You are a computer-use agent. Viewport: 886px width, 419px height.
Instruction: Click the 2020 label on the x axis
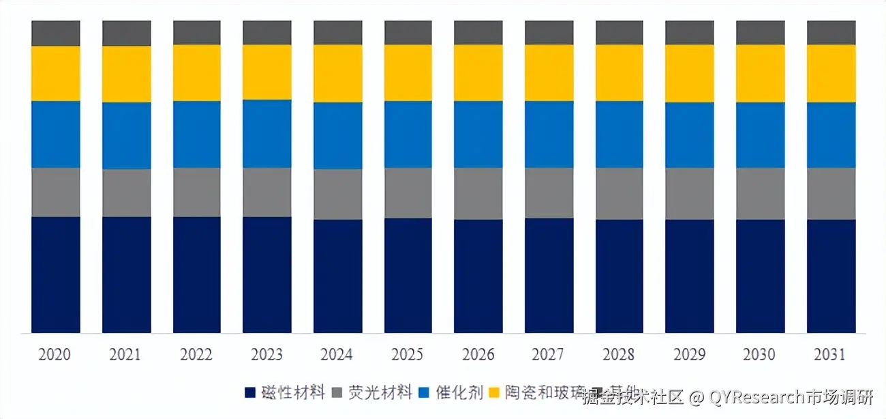(55, 355)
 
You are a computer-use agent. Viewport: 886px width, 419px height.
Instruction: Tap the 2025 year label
(408, 355)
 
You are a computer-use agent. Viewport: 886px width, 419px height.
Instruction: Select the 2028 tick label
(618, 355)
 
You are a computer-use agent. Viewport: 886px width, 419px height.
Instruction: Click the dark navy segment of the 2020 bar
(56, 274)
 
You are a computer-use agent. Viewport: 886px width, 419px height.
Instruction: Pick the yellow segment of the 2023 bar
(266, 72)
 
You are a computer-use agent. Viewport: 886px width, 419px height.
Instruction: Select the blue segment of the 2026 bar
(478, 134)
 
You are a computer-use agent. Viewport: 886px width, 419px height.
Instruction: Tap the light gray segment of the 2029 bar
(689, 193)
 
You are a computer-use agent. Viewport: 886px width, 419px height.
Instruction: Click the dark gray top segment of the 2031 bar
(831, 33)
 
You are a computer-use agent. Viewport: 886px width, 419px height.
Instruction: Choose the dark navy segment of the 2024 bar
(337, 276)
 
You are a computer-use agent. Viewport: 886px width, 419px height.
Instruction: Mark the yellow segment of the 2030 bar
(760, 74)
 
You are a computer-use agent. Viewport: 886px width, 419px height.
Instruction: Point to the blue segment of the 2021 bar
(126, 136)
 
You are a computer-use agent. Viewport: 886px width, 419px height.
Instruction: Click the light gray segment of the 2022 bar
(196, 192)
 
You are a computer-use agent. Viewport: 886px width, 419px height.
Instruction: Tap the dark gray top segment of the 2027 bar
(549, 33)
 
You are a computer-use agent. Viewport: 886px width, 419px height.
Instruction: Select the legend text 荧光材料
(380, 392)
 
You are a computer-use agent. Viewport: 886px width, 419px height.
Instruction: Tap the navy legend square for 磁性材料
(251, 393)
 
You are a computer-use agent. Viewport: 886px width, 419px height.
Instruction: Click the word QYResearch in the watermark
(757, 396)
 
